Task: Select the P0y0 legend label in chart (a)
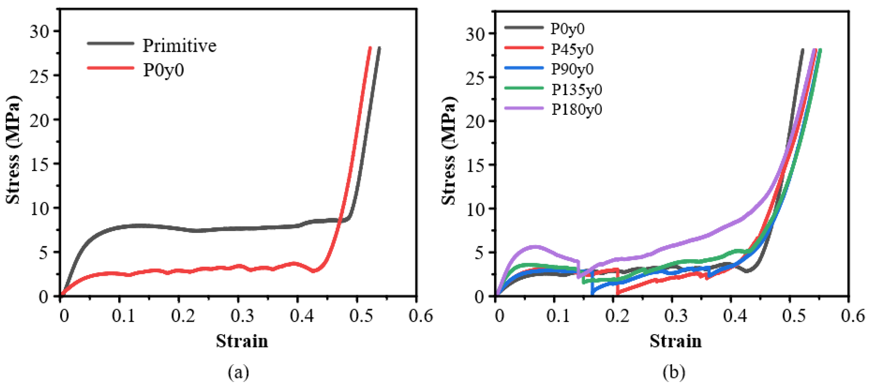click(164, 70)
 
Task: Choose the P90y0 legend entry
click(572, 69)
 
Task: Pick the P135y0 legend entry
click(576, 89)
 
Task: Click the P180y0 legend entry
click(576, 109)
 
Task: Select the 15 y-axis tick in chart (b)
click(475, 165)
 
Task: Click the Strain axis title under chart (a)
click(242, 341)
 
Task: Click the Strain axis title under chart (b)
click(675, 341)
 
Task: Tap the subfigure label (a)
click(238, 373)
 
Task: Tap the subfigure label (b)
click(674, 373)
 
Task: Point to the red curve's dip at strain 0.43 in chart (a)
click(314, 271)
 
